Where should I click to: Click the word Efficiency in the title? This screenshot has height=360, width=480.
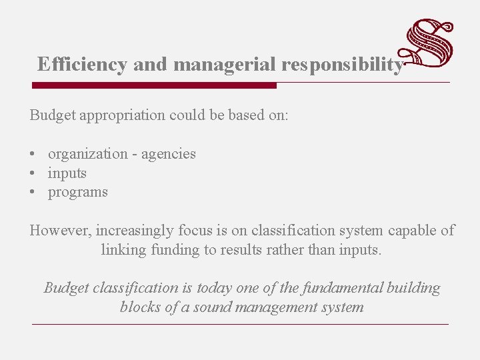[82, 65]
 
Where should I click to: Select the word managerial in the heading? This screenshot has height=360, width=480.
[224, 65]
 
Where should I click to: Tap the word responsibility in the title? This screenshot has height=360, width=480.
[342, 65]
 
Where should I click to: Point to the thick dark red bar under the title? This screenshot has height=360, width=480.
[154, 85]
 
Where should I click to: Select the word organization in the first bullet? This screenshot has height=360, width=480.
[90, 154]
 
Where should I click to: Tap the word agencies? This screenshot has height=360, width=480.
[169, 154]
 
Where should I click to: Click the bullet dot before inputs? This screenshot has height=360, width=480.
[33, 173]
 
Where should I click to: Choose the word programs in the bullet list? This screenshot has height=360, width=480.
[77, 193]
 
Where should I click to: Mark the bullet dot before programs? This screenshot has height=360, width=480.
[33, 193]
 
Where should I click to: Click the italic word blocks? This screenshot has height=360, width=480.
[139, 307]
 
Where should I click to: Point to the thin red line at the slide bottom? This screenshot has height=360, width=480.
[240, 324]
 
